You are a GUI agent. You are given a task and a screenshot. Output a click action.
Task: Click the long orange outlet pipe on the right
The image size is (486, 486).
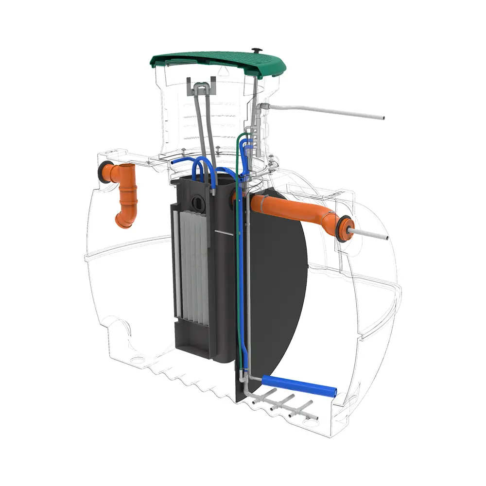[292, 209]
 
